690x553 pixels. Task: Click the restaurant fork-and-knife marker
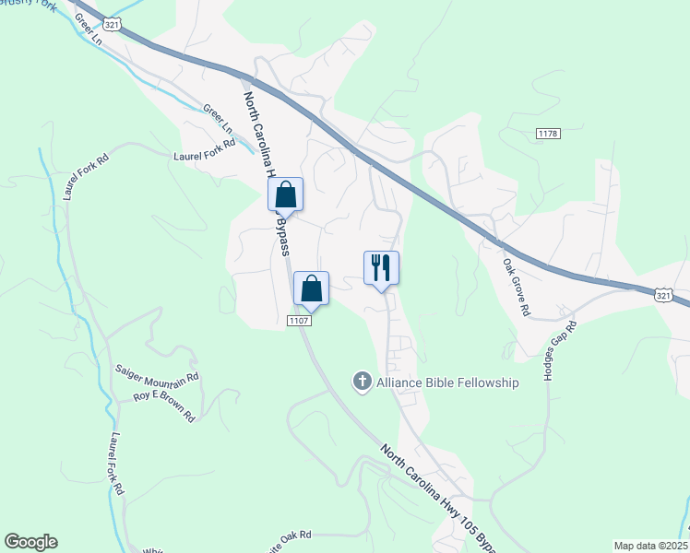click(x=381, y=268)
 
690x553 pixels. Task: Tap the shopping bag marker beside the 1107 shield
click(x=311, y=288)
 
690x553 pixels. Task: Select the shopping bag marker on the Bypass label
click(x=285, y=195)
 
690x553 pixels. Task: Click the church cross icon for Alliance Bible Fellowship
click(x=362, y=382)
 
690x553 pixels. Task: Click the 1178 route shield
click(x=548, y=135)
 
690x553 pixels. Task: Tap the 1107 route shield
click(x=298, y=320)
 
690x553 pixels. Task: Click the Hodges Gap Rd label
click(x=559, y=353)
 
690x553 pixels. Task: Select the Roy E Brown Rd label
click(x=164, y=406)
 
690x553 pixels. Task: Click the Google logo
click(x=30, y=542)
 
